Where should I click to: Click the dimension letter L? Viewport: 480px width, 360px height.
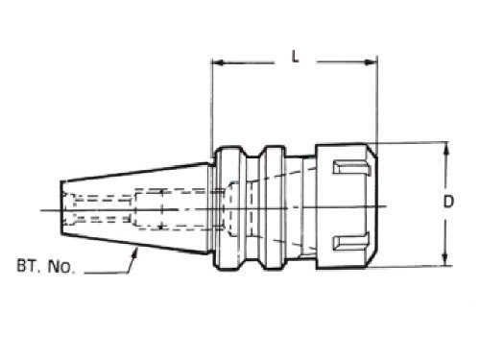point(295,57)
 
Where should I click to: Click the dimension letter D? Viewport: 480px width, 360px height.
point(448,202)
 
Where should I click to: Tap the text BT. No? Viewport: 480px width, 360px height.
point(46,266)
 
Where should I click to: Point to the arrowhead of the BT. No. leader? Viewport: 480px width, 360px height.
point(135,252)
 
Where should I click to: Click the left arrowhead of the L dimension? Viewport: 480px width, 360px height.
point(218,62)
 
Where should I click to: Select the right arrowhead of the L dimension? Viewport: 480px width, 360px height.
point(372,62)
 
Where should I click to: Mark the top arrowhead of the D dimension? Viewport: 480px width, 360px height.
point(447,148)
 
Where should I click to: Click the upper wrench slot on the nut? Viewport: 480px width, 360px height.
point(351,167)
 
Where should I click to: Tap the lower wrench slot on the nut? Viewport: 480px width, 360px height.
point(351,242)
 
